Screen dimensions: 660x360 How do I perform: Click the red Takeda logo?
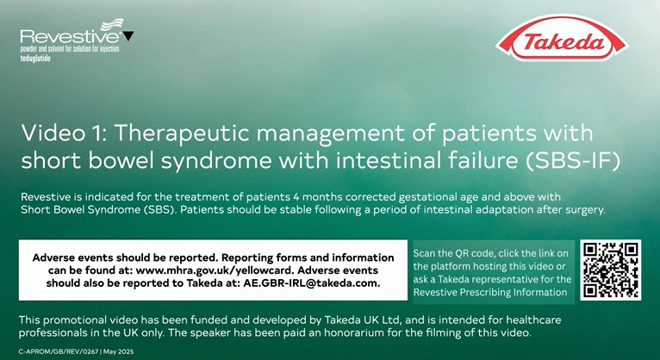pyautogui.click(x=562, y=39)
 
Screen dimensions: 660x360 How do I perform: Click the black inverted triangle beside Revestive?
pyautogui.click(x=128, y=36)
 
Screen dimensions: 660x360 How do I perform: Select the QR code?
pyautogui.click(x=610, y=270)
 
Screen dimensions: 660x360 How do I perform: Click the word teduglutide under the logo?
pyautogui.click(x=35, y=59)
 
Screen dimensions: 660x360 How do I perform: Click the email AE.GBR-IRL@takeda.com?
pyautogui.click(x=312, y=283)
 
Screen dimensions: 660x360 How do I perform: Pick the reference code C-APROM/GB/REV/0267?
pyautogui.click(x=59, y=351)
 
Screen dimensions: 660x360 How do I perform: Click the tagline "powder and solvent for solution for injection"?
pyautogui.click(x=70, y=49)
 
